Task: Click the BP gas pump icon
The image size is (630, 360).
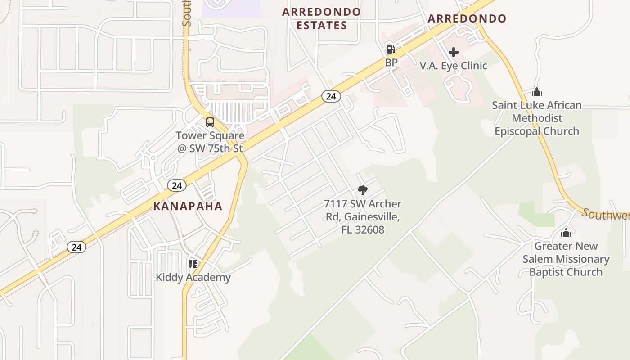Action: [x=391, y=49]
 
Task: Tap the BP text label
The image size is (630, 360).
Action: [x=391, y=63]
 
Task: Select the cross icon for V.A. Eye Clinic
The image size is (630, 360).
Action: [x=453, y=52]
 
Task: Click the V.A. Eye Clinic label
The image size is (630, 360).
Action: [x=453, y=66]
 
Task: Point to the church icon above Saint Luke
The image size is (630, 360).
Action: [x=536, y=92]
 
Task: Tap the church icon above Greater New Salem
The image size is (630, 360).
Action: [x=566, y=233]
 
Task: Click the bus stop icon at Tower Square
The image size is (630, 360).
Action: [x=210, y=122]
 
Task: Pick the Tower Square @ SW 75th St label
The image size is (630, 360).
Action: [x=210, y=142]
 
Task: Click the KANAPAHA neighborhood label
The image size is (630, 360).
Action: [x=188, y=207]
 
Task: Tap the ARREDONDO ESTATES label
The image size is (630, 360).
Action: [x=321, y=18]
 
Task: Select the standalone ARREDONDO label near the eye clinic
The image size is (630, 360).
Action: [x=467, y=19]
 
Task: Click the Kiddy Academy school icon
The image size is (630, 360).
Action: [x=193, y=264]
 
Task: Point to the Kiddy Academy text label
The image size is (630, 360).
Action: [x=193, y=277]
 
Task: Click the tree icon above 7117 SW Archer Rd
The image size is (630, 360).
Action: [x=362, y=190]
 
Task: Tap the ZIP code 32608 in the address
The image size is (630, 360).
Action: [x=369, y=230]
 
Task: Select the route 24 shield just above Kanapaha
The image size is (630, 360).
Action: [x=177, y=185]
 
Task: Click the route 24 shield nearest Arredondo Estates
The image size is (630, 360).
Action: [x=331, y=96]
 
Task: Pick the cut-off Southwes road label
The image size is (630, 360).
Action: [x=606, y=215]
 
